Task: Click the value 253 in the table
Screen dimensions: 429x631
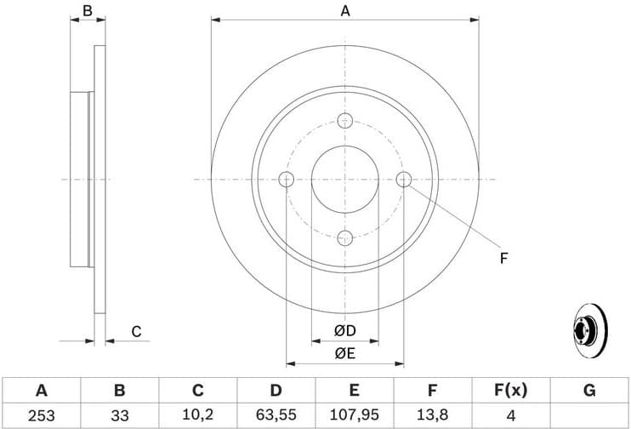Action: click(41, 415)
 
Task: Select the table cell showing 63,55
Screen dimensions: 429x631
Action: click(276, 415)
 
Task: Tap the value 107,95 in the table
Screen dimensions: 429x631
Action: click(354, 415)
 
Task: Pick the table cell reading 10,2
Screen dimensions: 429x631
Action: click(197, 415)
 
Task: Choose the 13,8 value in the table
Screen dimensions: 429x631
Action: click(432, 415)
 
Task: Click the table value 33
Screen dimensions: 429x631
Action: click(119, 415)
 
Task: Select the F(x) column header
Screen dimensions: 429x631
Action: click(510, 391)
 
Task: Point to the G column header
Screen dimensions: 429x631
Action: click(588, 391)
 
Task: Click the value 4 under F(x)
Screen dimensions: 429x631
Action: click(510, 415)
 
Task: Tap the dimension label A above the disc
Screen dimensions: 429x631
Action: click(345, 11)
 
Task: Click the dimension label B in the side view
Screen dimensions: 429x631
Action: click(87, 11)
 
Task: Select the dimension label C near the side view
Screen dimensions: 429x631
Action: click(135, 331)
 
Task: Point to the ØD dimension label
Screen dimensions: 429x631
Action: click(344, 330)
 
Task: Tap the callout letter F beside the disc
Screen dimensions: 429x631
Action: click(503, 257)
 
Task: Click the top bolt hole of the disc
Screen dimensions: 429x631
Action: click(344, 120)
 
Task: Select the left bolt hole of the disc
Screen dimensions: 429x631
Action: click(286, 179)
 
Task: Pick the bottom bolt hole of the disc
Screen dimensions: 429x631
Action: click(344, 237)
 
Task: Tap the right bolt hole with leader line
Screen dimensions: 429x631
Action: click(404, 179)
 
